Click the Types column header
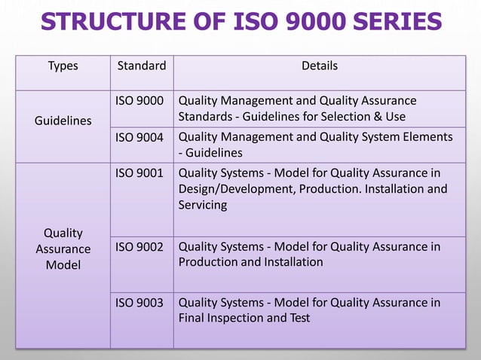click(63, 66)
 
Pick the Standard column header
click(142, 66)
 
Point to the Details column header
click(320, 66)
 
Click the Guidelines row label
click(63, 121)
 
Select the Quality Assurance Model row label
click(63, 249)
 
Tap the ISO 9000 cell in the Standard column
click(139, 101)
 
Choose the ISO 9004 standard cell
click(139, 136)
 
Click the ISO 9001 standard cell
click(139, 172)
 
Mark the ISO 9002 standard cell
click(139, 246)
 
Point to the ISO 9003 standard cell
click(139, 302)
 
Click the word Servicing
click(203, 205)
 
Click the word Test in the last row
click(299, 318)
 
